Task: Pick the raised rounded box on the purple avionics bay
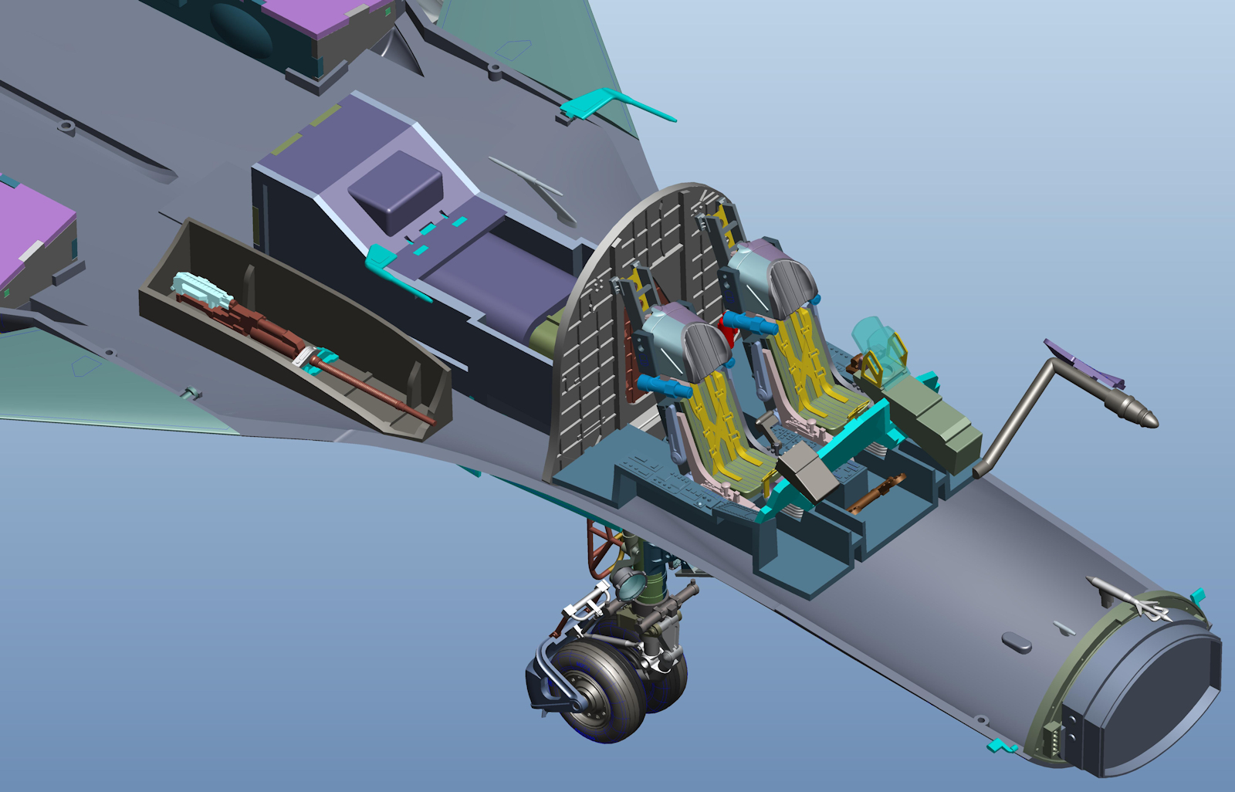[x=395, y=189]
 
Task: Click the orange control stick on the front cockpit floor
[x=876, y=493]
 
